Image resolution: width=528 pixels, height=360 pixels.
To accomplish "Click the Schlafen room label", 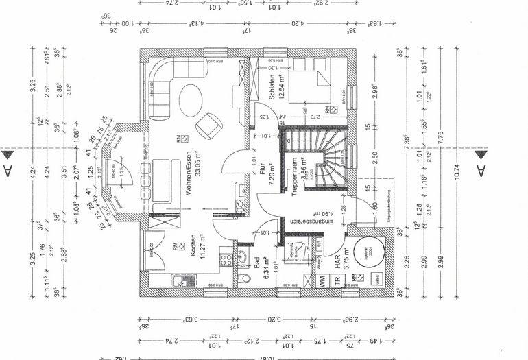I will (x=274, y=88).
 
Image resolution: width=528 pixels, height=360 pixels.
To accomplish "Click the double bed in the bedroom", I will (x=312, y=82).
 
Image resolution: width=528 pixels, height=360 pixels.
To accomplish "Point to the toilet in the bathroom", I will (x=245, y=277).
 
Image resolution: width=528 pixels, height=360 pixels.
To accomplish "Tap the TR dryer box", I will (x=337, y=280).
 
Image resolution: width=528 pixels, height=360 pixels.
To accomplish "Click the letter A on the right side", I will (x=480, y=169).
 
